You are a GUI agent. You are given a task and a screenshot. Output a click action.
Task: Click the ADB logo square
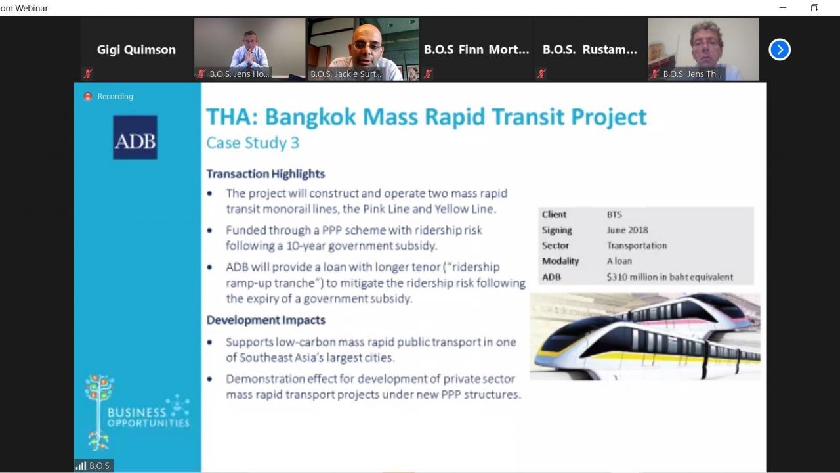[x=135, y=137]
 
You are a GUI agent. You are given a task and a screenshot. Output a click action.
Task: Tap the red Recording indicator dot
[x=88, y=97]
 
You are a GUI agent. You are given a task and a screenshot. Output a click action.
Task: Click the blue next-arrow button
[x=780, y=49]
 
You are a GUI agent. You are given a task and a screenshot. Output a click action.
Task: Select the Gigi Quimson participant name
[x=136, y=49]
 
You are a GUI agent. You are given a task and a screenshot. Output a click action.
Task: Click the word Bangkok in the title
[x=310, y=117]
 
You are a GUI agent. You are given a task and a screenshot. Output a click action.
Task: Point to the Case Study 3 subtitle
[x=253, y=143]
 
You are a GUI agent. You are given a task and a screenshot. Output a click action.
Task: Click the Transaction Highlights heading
[x=266, y=174]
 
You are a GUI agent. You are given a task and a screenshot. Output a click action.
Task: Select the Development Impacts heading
[x=266, y=320]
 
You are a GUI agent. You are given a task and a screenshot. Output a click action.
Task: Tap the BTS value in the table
[x=614, y=215]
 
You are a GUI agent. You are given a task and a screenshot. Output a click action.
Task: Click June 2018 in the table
[x=627, y=230]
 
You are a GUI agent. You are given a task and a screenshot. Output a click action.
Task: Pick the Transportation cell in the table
[x=637, y=246]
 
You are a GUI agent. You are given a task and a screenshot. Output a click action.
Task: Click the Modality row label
[x=560, y=261]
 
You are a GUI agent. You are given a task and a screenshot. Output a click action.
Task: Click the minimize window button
[x=783, y=7]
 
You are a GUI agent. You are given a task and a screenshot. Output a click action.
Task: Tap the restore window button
[x=814, y=7]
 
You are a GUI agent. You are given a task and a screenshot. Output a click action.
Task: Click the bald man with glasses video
[x=363, y=49]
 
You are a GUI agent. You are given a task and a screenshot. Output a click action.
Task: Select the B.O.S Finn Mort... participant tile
[x=476, y=49]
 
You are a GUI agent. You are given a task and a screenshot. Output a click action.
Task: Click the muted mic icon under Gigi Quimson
[x=88, y=74]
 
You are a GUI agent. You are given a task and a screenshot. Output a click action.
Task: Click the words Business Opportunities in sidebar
[x=148, y=417]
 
